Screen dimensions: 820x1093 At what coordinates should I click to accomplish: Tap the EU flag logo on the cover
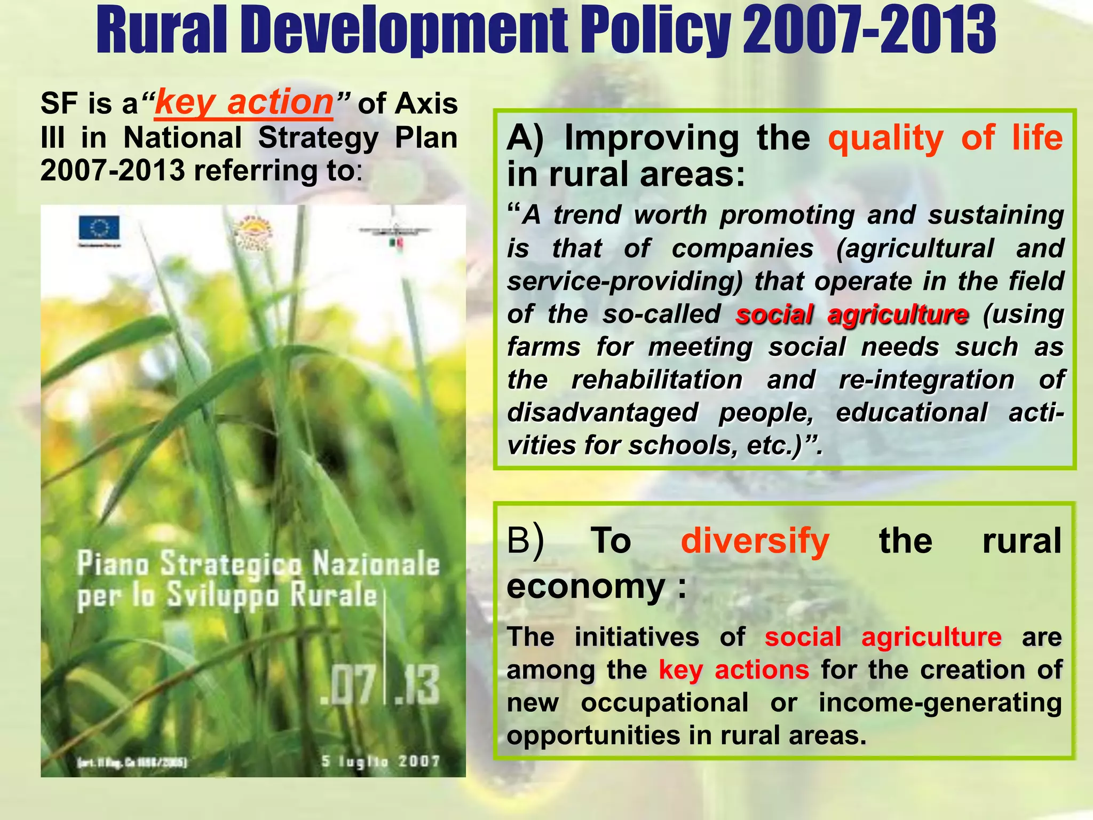(99, 228)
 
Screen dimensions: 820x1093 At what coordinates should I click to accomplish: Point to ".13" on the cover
(418, 685)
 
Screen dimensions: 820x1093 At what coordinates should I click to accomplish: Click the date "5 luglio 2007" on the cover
(381, 761)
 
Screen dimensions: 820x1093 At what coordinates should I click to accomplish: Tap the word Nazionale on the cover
(376, 564)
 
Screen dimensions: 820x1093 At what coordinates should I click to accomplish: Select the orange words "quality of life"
(945, 138)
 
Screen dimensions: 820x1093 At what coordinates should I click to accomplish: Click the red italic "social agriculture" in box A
(852, 314)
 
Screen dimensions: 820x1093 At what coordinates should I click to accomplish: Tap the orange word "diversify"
(755, 541)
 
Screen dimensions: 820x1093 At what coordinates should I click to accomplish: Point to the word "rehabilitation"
(657, 380)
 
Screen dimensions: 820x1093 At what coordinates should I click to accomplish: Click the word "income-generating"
(940, 703)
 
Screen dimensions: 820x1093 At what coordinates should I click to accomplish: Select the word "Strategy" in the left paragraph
(318, 138)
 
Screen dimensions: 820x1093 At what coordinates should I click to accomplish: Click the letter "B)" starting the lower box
(525, 541)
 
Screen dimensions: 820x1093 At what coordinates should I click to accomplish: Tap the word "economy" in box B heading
(585, 586)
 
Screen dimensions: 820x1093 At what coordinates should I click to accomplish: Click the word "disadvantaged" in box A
(602, 413)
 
